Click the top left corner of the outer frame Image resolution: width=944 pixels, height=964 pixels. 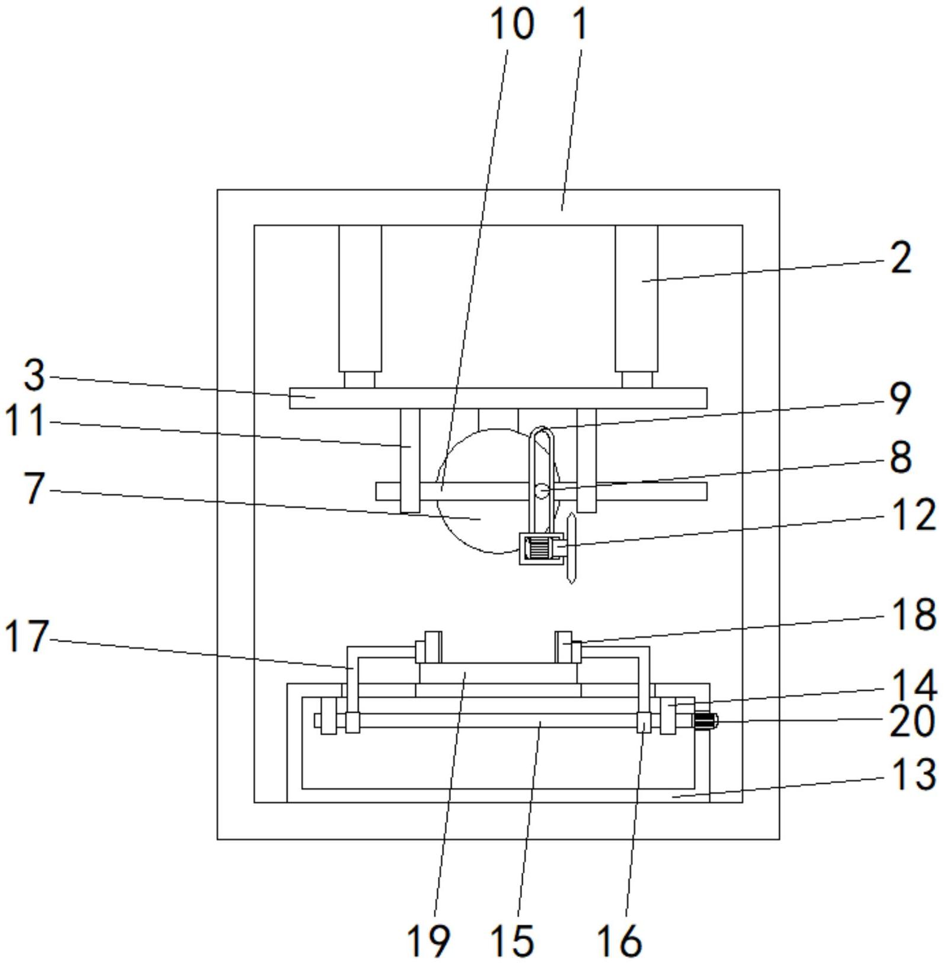click(217, 190)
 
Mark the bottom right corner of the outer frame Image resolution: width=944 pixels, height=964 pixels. click(779, 839)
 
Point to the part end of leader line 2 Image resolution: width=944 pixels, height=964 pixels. click(642, 281)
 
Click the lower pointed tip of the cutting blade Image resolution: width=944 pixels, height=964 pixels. click(571, 583)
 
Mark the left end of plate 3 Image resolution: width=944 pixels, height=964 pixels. click(290, 398)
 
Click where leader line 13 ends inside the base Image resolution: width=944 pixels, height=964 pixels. click(673, 796)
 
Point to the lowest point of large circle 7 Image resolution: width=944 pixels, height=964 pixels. click(498, 554)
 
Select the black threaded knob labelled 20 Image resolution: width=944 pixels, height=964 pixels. click(706, 722)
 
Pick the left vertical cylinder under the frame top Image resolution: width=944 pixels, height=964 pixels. click(360, 299)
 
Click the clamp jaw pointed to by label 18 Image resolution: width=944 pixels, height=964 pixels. click(567, 647)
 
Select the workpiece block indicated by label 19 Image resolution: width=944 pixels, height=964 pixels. click(498, 673)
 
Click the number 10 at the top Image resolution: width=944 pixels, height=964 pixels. click(512, 24)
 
